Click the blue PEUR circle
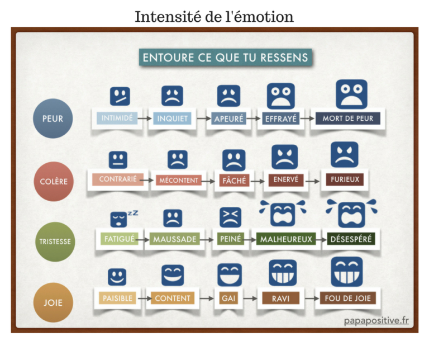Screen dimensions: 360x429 53,119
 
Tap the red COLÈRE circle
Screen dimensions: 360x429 54,181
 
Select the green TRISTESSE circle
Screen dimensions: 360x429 54,242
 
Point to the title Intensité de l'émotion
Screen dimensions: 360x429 214,16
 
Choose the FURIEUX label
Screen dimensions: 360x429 344,179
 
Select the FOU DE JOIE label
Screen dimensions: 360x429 347,298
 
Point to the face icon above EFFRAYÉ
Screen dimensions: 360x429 280,96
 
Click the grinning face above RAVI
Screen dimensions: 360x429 282,273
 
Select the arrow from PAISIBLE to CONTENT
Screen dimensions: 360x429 144,299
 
